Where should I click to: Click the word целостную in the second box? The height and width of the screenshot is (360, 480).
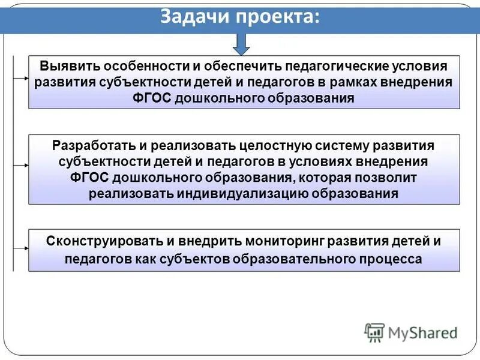pyautogui.click(x=281, y=146)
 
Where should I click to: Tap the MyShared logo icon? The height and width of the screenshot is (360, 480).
pyautogui.click(x=374, y=332)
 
